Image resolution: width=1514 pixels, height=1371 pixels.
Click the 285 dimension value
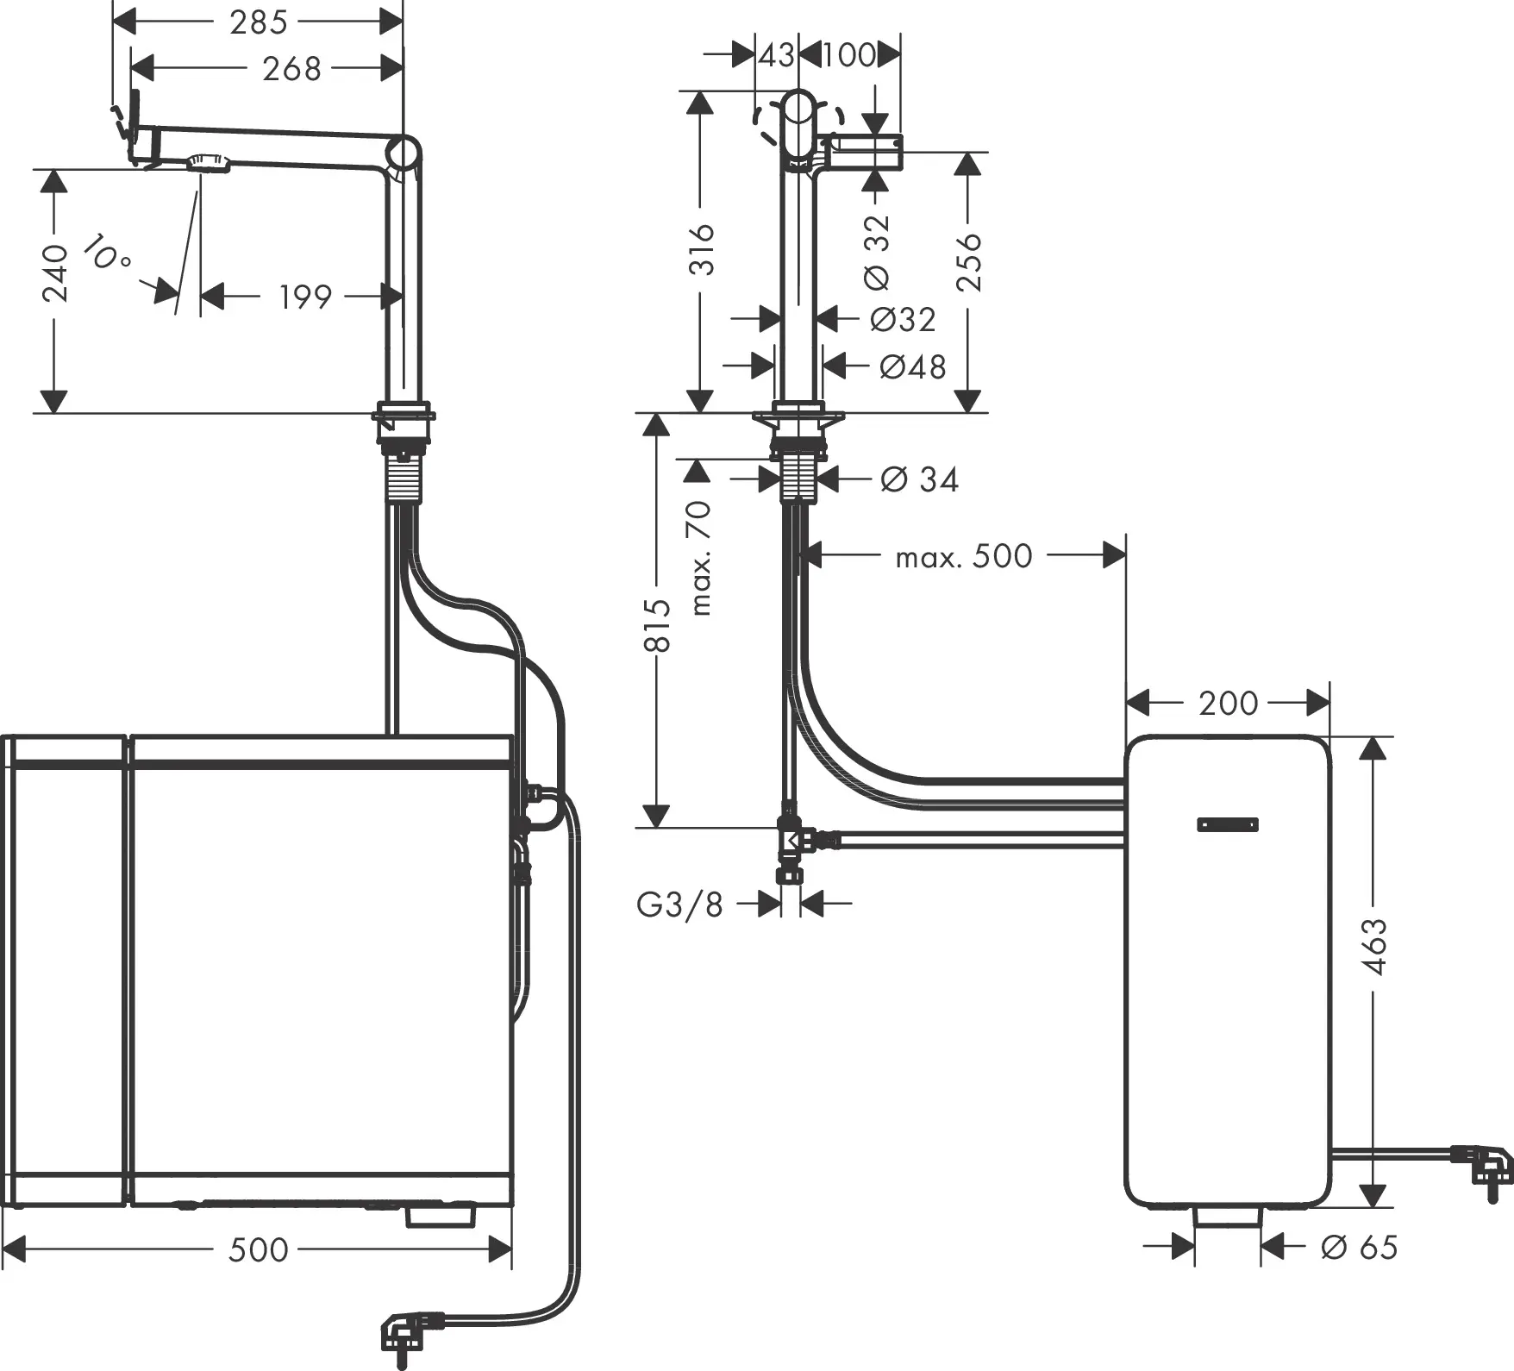tap(258, 22)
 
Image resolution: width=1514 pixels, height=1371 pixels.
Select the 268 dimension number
tap(291, 68)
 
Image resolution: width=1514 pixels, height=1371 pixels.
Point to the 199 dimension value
tap(304, 297)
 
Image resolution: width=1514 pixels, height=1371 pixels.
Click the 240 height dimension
tap(55, 272)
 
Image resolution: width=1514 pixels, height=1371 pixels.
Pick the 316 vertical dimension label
tap(703, 249)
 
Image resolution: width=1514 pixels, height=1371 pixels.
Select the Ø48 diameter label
tap(912, 367)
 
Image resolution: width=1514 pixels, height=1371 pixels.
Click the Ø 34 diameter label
tap(920, 479)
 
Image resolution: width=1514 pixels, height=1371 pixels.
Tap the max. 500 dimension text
tap(963, 557)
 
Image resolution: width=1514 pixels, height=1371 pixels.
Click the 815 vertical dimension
tap(657, 625)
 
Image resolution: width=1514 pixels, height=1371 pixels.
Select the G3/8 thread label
tap(679, 905)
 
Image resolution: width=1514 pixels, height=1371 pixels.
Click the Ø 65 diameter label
tap(1360, 1247)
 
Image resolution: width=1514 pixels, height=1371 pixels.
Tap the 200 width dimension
tap(1228, 704)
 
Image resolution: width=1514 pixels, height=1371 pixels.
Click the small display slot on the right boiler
tap(1228, 824)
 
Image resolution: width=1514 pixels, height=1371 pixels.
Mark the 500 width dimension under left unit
tap(258, 1249)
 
